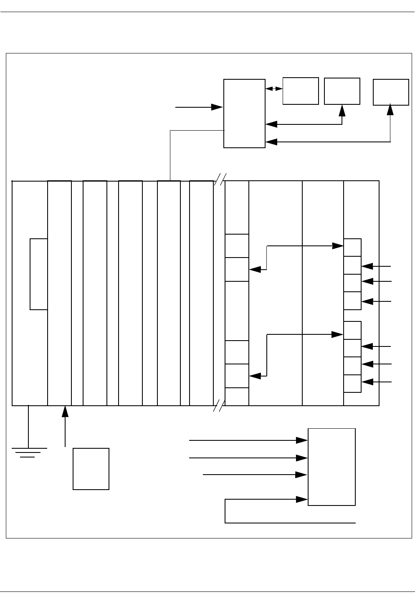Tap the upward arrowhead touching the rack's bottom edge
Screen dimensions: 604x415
[x=65, y=411]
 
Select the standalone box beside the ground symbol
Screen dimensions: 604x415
[x=91, y=469]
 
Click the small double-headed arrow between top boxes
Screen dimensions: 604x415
[x=274, y=88]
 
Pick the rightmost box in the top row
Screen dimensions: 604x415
[x=391, y=92]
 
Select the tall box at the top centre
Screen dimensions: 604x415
[x=244, y=113]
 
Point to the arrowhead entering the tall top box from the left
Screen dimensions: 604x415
[x=217, y=107]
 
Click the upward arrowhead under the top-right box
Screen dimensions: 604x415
[x=390, y=110]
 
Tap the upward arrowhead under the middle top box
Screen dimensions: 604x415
[x=342, y=110]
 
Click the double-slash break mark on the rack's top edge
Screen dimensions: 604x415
[x=220, y=179]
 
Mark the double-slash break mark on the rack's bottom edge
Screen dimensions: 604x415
[x=219, y=406]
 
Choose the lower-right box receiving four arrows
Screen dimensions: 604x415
[x=331, y=467]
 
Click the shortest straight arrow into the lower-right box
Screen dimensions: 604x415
[x=255, y=475]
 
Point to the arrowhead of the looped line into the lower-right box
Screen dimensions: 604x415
[x=302, y=499]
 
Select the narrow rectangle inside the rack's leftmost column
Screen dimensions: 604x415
[x=38, y=274]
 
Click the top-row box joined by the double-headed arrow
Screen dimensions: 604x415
[x=301, y=91]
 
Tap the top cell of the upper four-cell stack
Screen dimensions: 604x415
[x=352, y=248]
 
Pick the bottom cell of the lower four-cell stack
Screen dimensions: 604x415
[x=352, y=384]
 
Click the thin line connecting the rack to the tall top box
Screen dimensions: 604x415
[x=171, y=154]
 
